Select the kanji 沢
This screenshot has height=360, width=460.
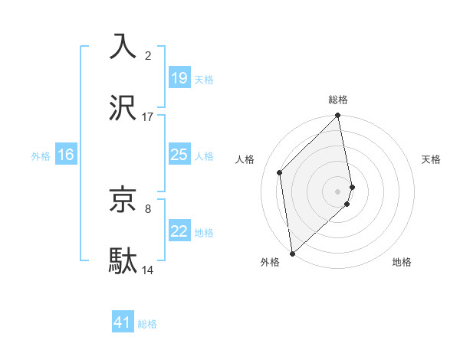[123, 108]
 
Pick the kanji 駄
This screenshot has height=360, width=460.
[123, 260]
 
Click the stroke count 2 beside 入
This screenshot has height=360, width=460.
[148, 55]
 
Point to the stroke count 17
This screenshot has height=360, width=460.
[148, 117]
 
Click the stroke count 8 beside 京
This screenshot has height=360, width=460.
[148, 208]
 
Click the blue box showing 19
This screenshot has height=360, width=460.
[179, 77]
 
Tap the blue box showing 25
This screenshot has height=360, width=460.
[179, 155]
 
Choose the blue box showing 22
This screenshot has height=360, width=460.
[179, 231]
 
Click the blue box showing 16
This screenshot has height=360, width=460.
[66, 155]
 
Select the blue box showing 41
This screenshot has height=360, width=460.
[123, 322]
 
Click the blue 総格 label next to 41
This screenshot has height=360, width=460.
[147, 324]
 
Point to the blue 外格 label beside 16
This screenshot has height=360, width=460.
[41, 156]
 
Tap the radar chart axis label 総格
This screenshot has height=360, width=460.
[338, 100]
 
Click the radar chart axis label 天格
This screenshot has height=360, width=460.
[432, 159]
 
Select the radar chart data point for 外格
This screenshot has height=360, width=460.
[291, 253]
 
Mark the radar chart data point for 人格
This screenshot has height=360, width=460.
[280, 172]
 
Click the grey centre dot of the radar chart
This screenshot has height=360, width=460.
[338, 191]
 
